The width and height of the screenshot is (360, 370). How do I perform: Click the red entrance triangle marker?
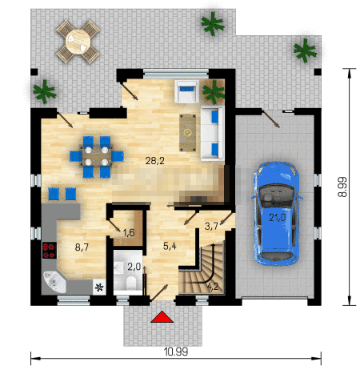click(x=162, y=317)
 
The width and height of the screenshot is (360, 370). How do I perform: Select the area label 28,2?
click(x=155, y=160)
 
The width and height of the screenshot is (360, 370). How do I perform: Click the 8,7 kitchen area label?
click(x=82, y=247)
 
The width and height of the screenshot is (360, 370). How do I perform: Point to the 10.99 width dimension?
click(x=176, y=352)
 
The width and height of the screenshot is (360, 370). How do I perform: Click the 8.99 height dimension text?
click(x=342, y=187)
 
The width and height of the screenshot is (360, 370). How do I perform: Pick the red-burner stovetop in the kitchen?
click(x=50, y=251)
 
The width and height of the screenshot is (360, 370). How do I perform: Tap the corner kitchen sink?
click(x=54, y=281)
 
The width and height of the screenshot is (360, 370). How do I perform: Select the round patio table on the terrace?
click(x=78, y=42)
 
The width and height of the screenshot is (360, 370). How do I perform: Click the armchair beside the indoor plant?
click(x=186, y=91)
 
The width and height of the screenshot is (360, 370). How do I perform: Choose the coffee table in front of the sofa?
click(x=188, y=133)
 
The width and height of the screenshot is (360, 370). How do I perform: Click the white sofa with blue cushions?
click(x=212, y=133)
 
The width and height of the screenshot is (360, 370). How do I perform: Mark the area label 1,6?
click(x=129, y=233)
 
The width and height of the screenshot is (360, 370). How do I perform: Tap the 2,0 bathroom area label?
click(x=134, y=266)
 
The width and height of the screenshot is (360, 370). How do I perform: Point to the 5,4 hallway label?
click(x=170, y=246)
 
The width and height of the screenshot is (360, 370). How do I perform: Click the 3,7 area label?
click(x=211, y=226)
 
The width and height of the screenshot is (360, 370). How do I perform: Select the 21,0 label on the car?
click(x=278, y=218)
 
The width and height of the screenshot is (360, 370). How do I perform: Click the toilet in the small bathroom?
click(x=130, y=283)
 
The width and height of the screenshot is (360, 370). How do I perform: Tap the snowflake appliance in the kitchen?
click(x=99, y=287)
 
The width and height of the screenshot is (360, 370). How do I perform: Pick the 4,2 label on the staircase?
click(x=213, y=287)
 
